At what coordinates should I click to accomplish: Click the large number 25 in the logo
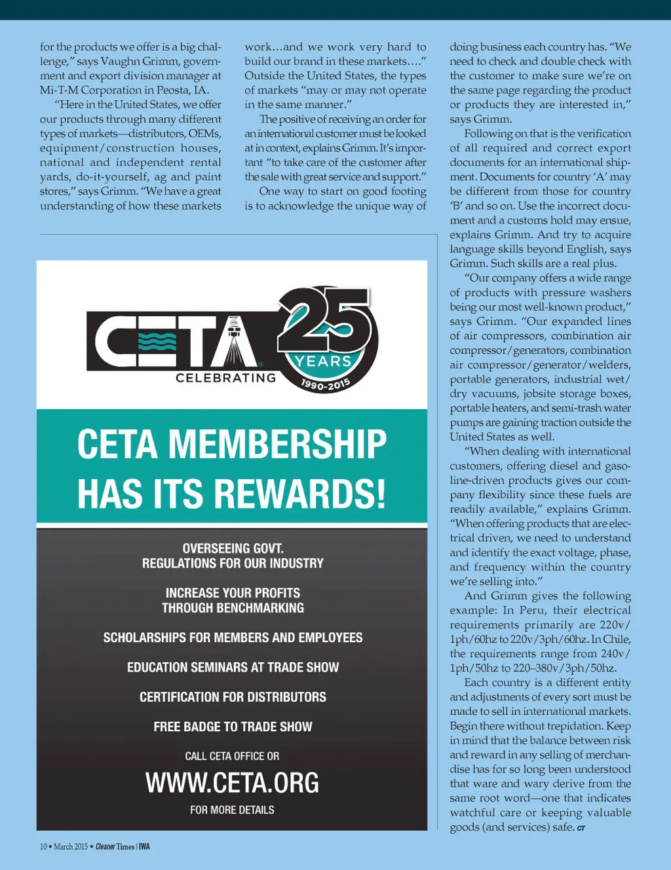[326, 321]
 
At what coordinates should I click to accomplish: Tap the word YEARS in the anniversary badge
[323, 361]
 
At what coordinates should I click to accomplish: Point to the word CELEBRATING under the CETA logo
[225, 378]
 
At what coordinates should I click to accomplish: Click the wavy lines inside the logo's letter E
[158, 341]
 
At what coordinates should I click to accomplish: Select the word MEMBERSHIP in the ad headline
[278, 444]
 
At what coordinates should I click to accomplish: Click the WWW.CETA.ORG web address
[232, 783]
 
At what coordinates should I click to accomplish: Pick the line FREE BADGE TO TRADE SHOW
[233, 727]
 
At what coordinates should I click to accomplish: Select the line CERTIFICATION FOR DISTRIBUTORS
[233, 697]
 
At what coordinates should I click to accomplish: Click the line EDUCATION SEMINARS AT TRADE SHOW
[233, 668]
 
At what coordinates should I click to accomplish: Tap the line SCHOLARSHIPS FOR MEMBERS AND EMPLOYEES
[233, 638]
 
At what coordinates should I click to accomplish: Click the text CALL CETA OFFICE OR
[232, 756]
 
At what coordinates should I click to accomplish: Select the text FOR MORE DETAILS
[232, 810]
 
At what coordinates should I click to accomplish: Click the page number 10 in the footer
[43, 846]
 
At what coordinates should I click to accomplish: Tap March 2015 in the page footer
[70, 846]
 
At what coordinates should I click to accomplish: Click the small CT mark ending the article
[581, 829]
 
